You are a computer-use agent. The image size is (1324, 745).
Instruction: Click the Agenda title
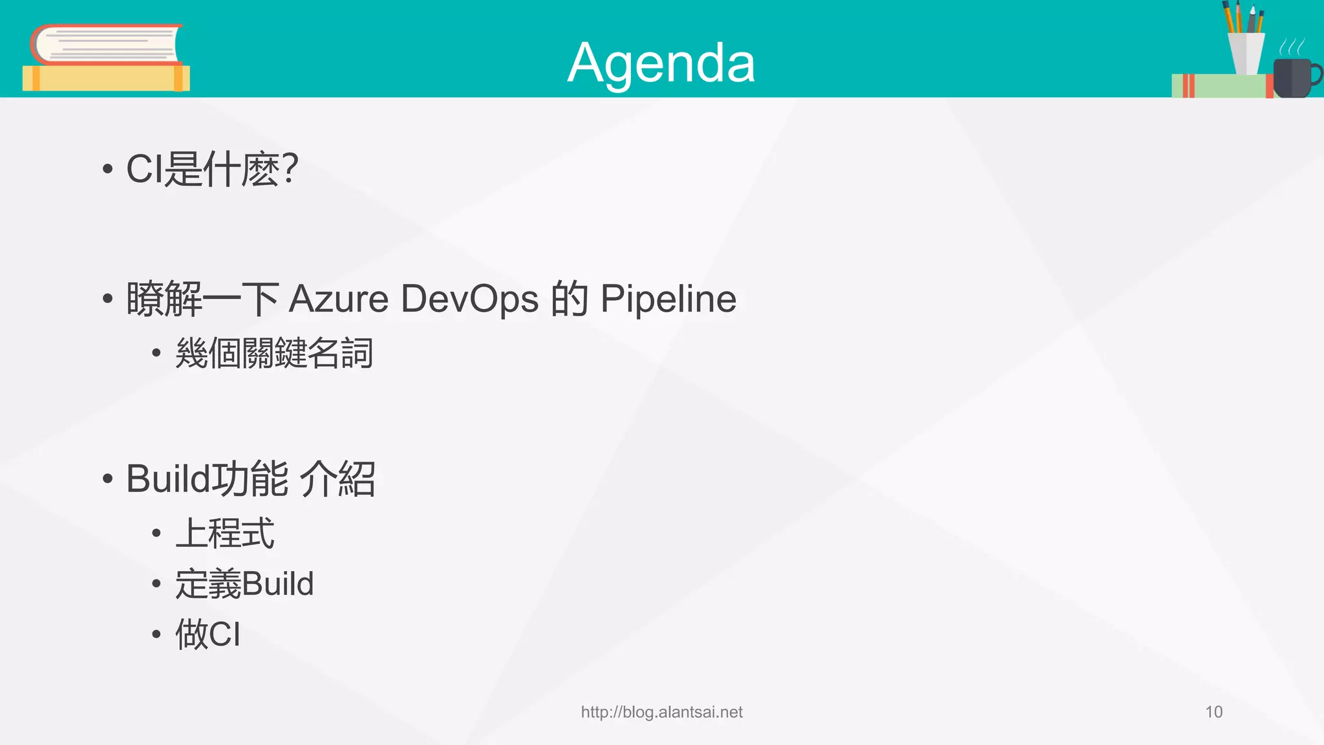661,63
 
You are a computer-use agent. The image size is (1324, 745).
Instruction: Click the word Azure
338,299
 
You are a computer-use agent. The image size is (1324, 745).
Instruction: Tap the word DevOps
469,299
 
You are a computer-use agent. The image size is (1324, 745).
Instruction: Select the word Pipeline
668,299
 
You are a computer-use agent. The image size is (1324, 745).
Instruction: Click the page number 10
1213,712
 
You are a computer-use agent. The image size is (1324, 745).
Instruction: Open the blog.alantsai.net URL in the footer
661,712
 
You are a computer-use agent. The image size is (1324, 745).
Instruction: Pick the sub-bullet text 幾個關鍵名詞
274,353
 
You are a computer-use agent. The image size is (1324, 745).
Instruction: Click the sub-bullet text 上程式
225,534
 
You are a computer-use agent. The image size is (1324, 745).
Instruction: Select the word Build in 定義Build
278,584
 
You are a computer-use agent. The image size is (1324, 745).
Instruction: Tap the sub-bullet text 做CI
208,634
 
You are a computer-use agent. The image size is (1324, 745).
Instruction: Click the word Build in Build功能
168,479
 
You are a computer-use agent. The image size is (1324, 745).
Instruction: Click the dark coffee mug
1292,78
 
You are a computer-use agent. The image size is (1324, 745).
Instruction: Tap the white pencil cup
1246,53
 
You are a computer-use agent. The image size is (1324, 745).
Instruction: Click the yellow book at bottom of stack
105,78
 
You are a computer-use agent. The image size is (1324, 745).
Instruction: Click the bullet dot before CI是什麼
107,169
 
